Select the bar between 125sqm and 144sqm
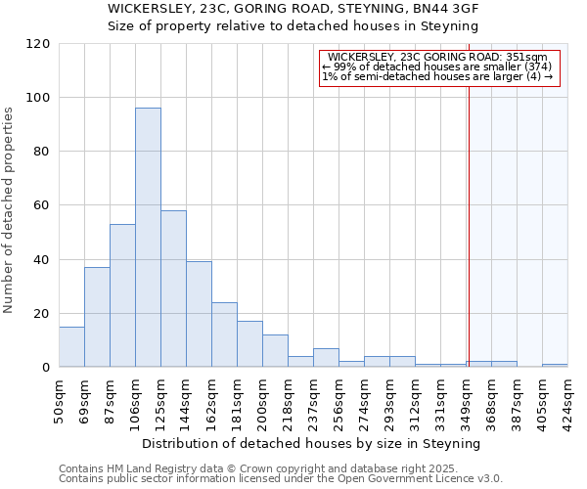coord(173,289)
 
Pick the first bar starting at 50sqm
coord(71,347)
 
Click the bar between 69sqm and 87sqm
coord(97,317)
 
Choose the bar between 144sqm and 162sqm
coord(199,314)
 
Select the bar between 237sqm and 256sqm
coord(326,358)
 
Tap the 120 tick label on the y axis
coord(38,44)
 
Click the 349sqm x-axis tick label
coord(467,400)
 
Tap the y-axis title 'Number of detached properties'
coord(11,210)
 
